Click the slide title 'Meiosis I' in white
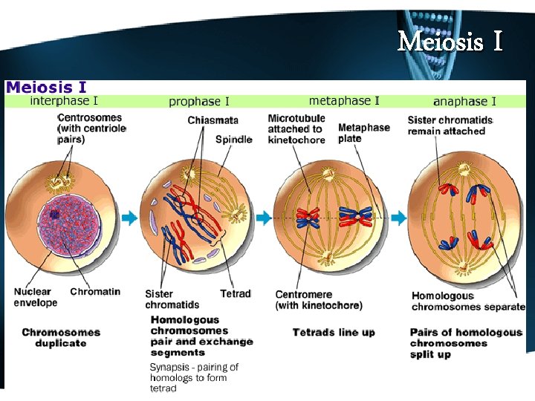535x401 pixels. pos(450,41)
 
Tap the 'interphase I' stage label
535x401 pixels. pos(64,100)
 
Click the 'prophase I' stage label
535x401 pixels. pos(199,101)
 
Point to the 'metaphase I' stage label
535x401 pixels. pos(344,100)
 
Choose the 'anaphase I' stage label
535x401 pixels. pos(464,101)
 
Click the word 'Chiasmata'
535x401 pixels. pos(213,120)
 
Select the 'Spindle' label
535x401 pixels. pos(233,139)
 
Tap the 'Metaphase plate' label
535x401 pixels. pos(363,132)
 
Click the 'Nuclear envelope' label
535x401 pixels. pos(35,297)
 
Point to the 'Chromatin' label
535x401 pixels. pos(95,292)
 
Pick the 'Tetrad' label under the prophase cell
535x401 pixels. pos(236,294)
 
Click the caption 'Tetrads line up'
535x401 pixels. pos(334,332)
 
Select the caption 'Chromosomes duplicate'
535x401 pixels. pos(61,337)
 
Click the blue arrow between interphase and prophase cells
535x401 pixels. pos(129,218)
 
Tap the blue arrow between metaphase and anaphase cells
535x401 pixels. pos(399,218)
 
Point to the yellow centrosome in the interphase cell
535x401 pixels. pos(59,180)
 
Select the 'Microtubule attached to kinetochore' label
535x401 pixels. pos(296,128)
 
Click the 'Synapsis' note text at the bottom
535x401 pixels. pos(194,378)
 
